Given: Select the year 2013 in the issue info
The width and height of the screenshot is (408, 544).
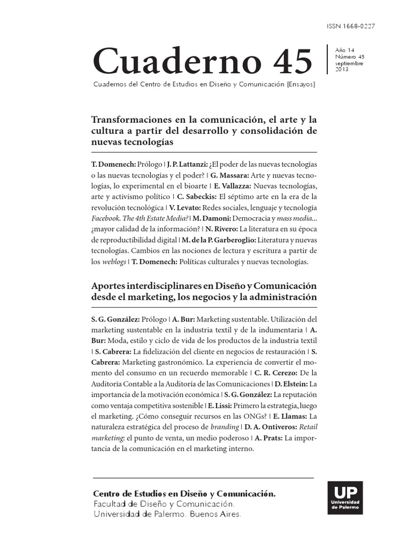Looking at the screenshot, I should [342, 70].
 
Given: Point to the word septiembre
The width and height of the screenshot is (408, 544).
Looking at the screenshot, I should [349, 63].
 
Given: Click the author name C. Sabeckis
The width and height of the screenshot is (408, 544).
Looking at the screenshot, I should [193, 197].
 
